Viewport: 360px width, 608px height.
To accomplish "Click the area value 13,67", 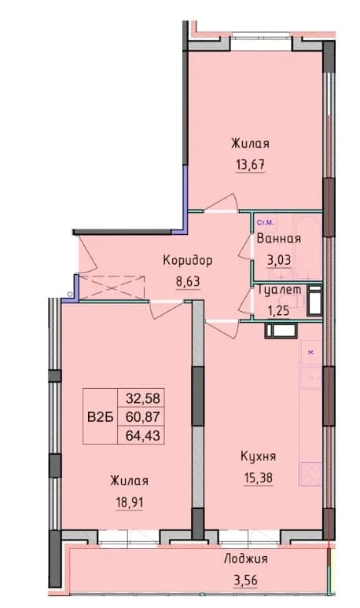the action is pyautogui.click(x=251, y=165).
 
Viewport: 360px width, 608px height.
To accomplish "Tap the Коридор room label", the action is pyautogui.click(x=188, y=261).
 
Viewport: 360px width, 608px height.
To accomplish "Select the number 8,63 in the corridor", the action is pyautogui.click(x=188, y=281).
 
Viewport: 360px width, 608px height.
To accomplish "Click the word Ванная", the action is pyautogui.click(x=279, y=238).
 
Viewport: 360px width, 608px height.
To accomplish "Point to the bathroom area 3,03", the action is pyautogui.click(x=279, y=259).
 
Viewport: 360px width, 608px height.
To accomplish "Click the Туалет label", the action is pyautogui.click(x=279, y=289).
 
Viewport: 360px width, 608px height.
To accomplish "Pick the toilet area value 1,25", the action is pyautogui.click(x=278, y=309).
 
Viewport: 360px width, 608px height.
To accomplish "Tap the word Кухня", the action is pyautogui.click(x=259, y=456).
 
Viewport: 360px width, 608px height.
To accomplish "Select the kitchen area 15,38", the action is pyautogui.click(x=259, y=478).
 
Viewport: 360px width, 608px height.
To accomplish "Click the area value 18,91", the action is pyautogui.click(x=129, y=503).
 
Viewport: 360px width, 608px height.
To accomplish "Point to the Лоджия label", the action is pyautogui.click(x=246, y=559).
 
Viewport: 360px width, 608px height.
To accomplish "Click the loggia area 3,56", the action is pyautogui.click(x=245, y=581).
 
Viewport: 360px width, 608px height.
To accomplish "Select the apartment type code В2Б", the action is pyautogui.click(x=100, y=417).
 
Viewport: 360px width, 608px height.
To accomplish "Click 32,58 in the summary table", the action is pyautogui.click(x=143, y=397).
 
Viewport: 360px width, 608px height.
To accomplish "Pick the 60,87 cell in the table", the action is pyautogui.click(x=143, y=417).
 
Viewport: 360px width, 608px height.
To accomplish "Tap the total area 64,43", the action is pyautogui.click(x=143, y=436).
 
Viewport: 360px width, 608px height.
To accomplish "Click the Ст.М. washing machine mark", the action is pyautogui.click(x=266, y=222).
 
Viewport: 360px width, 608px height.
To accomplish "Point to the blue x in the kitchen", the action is pyautogui.click(x=310, y=353).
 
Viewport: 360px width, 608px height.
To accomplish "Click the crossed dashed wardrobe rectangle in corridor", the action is pyautogui.click(x=112, y=288).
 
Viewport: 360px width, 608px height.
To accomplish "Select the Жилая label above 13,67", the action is pyautogui.click(x=250, y=144).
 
